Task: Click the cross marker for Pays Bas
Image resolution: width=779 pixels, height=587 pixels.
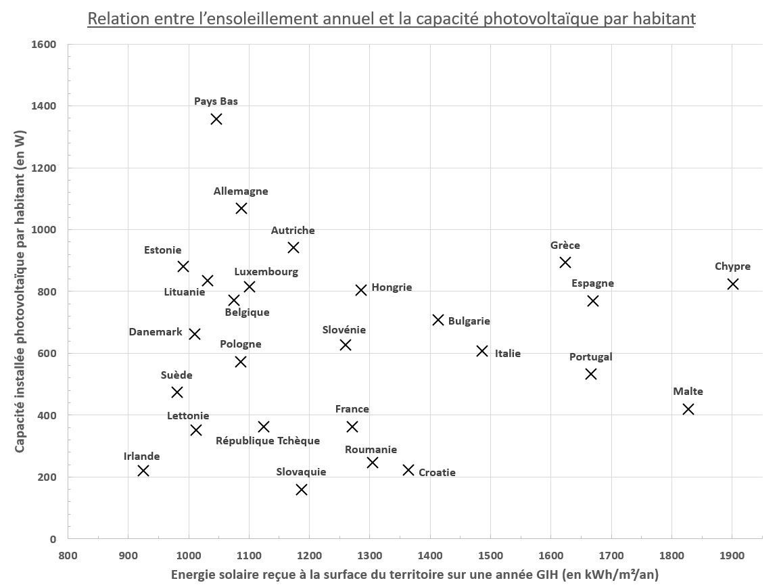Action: coord(216,119)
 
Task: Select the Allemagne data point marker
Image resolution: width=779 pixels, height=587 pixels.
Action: coord(241,208)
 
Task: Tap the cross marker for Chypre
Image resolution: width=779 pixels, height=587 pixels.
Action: coord(732,284)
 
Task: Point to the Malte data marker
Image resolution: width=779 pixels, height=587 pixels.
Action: coord(688,409)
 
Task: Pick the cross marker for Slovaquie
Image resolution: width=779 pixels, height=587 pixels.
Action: coord(302,490)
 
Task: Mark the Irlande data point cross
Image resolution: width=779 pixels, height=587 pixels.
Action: coord(143,471)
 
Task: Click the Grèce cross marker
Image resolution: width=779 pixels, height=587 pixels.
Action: coord(565,262)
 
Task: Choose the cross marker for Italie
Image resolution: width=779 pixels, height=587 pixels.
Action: coord(482,351)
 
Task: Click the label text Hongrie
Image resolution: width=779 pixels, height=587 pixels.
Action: coord(392,287)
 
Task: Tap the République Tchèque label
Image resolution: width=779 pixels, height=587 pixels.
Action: coord(268,441)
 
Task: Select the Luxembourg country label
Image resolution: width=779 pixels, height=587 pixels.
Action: coord(266,272)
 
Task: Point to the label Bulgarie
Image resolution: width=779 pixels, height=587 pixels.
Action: coord(469,321)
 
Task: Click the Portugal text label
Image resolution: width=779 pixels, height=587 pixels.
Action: coord(590,357)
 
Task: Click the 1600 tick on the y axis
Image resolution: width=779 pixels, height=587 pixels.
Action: coord(44,45)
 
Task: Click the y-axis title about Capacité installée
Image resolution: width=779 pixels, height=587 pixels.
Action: coord(20,291)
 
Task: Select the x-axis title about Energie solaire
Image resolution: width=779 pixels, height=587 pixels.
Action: coord(415,575)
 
